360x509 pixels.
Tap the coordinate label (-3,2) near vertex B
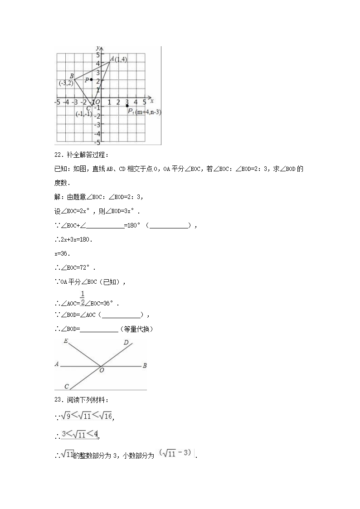click(66, 83)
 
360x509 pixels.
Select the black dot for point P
click(92, 80)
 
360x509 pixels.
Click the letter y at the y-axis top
click(97, 47)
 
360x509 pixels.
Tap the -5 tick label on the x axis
click(57, 102)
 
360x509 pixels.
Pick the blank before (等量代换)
click(99, 329)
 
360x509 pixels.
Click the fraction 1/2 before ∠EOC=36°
click(83, 299)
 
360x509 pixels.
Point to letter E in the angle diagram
click(66, 341)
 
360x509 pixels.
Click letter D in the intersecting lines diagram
click(126, 343)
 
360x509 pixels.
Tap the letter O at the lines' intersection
click(102, 370)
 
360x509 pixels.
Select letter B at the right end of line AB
click(144, 365)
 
